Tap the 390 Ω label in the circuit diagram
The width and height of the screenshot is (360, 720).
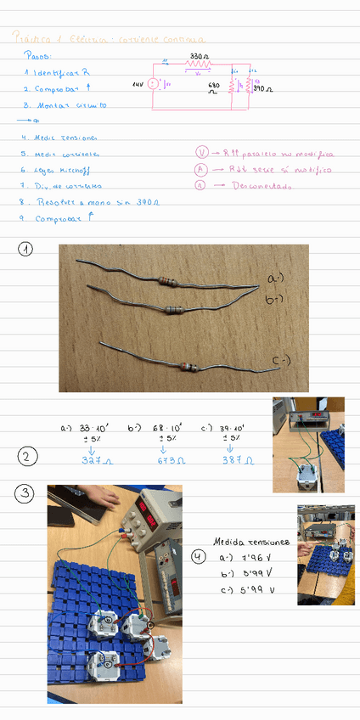coord(263,88)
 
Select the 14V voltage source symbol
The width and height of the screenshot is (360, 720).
coord(152,84)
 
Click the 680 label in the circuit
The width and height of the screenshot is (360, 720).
coord(213,86)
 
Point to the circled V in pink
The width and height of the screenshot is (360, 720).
coord(201,153)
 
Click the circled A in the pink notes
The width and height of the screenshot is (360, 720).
coord(201,170)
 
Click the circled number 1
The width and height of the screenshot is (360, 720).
coord(27,250)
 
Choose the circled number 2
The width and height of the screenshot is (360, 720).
coord(27,457)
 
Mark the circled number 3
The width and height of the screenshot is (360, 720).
coord(27,492)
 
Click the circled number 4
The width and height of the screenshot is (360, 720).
coord(199,557)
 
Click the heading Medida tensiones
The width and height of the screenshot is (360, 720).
coord(251,541)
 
